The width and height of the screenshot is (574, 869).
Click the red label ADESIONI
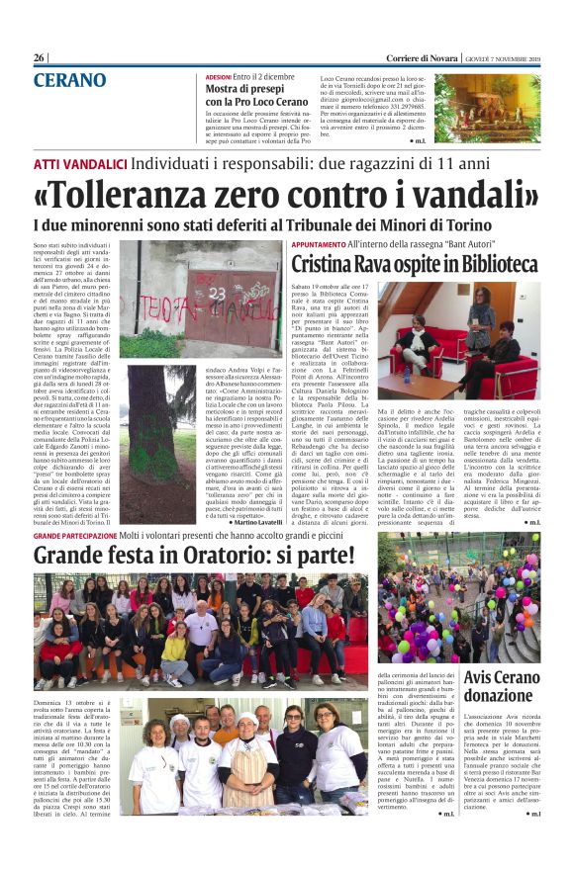218,75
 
